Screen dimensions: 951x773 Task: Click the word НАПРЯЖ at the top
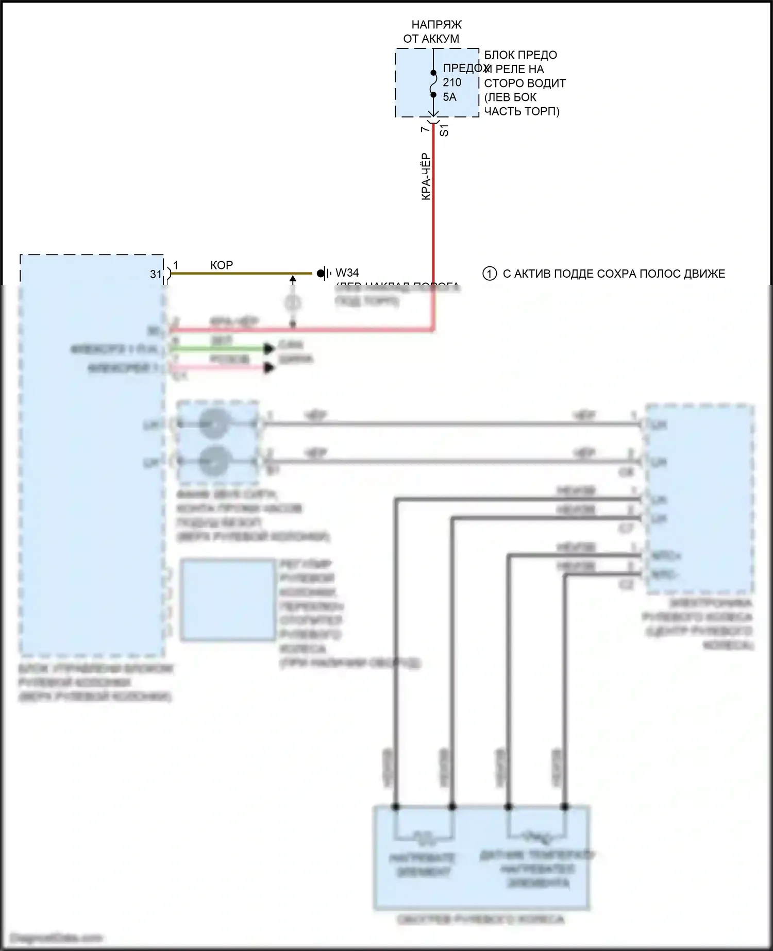point(436,25)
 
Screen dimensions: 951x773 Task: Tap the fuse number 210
point(452,82)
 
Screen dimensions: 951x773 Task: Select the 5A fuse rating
point(449,97)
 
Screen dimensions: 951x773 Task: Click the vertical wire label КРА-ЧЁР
point(426,176)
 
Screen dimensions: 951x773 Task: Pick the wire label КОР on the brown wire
point(222,265)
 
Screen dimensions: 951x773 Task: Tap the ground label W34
point(347,273)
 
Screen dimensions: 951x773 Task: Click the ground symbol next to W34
point(323,273)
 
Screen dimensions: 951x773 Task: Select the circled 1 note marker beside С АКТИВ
point(489,274)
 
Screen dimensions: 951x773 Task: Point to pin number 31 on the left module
point(156,275)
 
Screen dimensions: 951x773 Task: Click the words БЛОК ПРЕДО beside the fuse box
point(520,55)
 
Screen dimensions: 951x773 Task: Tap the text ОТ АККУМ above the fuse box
point(431,39)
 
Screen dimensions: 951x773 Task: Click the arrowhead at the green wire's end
point(268,349)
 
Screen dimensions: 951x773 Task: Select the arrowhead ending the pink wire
point(268,368)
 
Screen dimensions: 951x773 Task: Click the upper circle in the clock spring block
point(213,424)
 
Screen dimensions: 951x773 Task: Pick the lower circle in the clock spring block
point(213,460)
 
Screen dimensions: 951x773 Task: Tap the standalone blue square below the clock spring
point(227,600)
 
